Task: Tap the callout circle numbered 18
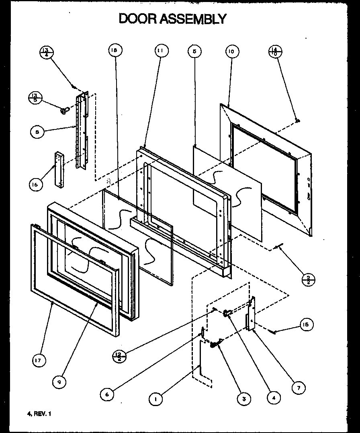pos(115,50)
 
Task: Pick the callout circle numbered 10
pos(232,51)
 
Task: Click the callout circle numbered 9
pos(59,382)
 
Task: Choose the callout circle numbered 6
pos(107,394)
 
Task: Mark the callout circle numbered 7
pos(298,387)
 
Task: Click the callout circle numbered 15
pos(307,324)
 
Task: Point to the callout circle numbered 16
pos(36,185)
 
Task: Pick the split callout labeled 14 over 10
pos(275,52)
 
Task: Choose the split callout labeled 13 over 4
pos(47,52)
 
